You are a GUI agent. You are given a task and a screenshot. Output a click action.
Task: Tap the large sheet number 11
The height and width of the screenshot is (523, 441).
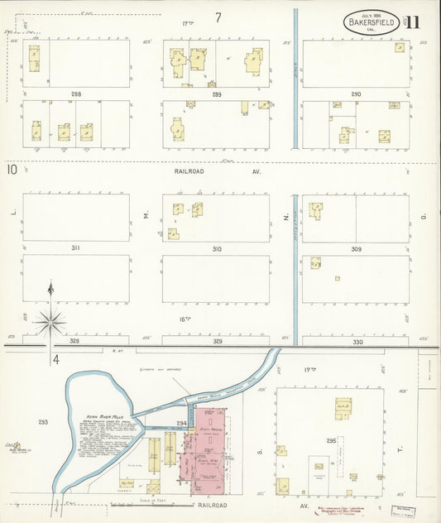tap(412, 22)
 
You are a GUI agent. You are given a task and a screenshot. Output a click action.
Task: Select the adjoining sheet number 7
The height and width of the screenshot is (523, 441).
tap(218, 17)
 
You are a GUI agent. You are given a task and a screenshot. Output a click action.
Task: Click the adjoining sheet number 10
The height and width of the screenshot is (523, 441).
tap(12, 170)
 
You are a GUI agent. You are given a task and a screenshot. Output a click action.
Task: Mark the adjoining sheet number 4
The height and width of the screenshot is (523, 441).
tap(55, 359)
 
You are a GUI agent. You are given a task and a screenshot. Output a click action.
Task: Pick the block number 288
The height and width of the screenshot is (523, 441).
tap(75, 94)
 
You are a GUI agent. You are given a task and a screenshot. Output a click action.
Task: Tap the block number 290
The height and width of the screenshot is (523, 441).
tap(356, 94)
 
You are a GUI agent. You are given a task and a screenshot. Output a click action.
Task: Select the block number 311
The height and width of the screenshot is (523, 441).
tap(75, 248)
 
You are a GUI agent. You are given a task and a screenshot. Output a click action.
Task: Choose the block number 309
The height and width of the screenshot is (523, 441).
tap(356, 248)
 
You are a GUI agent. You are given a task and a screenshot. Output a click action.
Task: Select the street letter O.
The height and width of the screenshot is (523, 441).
tap(423, 217)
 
